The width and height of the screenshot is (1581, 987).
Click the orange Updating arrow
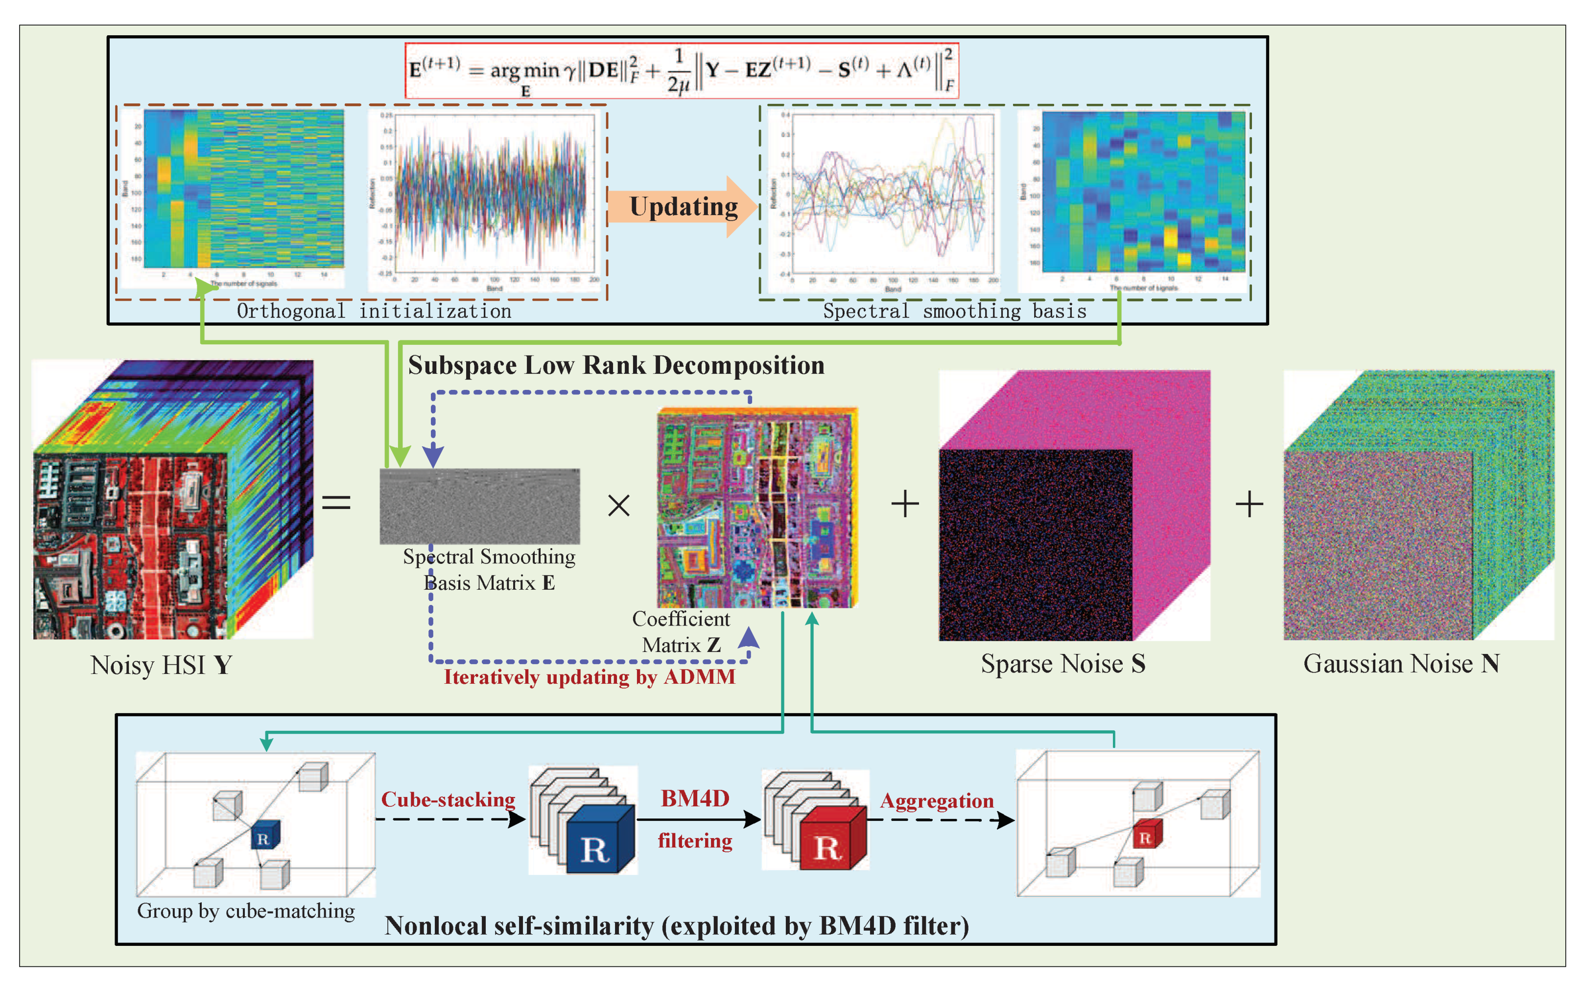click(x=683, y=206)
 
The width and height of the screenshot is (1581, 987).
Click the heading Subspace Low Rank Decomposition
click(x=616, y=365)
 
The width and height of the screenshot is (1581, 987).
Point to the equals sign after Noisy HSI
click(x=336, y=502)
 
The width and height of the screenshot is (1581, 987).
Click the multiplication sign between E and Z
click(x=618, y=505)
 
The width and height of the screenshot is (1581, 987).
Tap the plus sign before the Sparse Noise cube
click(x=905, y=504)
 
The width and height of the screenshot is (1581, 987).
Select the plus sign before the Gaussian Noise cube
click(x=1249, y=504)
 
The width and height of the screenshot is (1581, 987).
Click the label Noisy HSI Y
click(x=161, y=665)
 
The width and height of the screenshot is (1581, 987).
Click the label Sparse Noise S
click(x=1063, y=663)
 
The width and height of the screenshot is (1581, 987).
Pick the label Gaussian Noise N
click(x=1401, y=663)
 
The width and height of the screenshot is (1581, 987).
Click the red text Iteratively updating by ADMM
click(x=589, y=677)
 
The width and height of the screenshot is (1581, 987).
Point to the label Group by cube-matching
click(x=246, y=911)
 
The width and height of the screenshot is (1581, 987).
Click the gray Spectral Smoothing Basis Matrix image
click(x=479, y=506)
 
